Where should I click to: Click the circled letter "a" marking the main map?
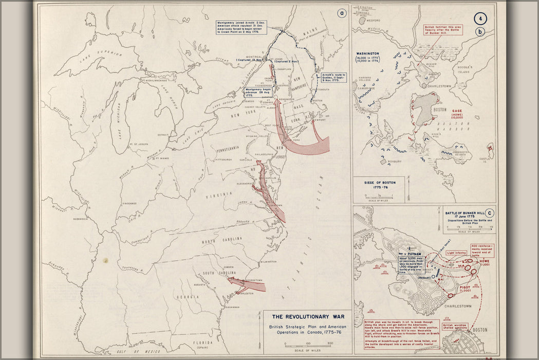click(341, 14)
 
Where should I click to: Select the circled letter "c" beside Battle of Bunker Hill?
click(491, 213)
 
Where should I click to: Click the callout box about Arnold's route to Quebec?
click(334, 77)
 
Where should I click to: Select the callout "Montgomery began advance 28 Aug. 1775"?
click(256, 92)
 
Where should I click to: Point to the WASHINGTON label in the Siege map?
click(368, 53)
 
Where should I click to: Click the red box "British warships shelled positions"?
click(455, 326)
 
